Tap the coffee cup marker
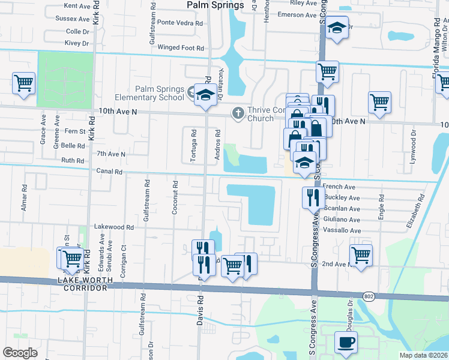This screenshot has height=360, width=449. coord(346,342)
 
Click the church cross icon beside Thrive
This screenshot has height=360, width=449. coord(238,113)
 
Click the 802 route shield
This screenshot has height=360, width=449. coord(370,296)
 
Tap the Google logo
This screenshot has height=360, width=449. coord(20,352)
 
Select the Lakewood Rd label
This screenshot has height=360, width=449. coord(113,227)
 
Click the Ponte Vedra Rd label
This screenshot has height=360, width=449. coord(180,23)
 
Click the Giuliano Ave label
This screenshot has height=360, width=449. coord(342,220)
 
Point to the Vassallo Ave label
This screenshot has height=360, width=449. coord(342,230)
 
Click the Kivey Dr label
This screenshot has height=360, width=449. coord(77,43)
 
